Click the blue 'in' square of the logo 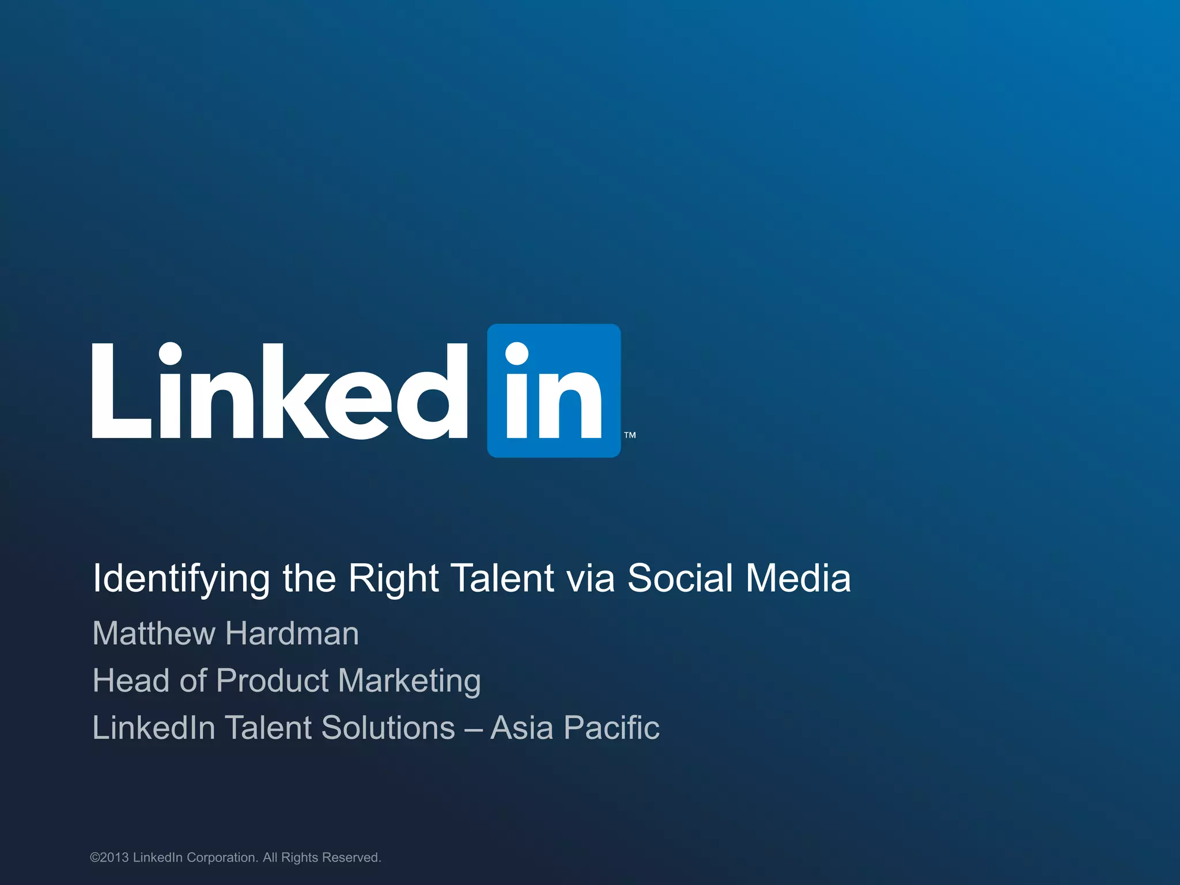click(x=554, y=391)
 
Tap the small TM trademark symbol click(x=630, y=435)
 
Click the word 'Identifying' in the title click(x=181, y=578)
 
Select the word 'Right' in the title click(x=394, y=578)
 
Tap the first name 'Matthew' click(x=153, y=633)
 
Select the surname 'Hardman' click(x=292, y=633)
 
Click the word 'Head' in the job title click(x=131, y=680)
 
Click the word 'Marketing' click(x=409, y=682)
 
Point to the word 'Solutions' click(x=388, y=727)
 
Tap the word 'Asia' click(x=522, y=727)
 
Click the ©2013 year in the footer click(x=109, y=857)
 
